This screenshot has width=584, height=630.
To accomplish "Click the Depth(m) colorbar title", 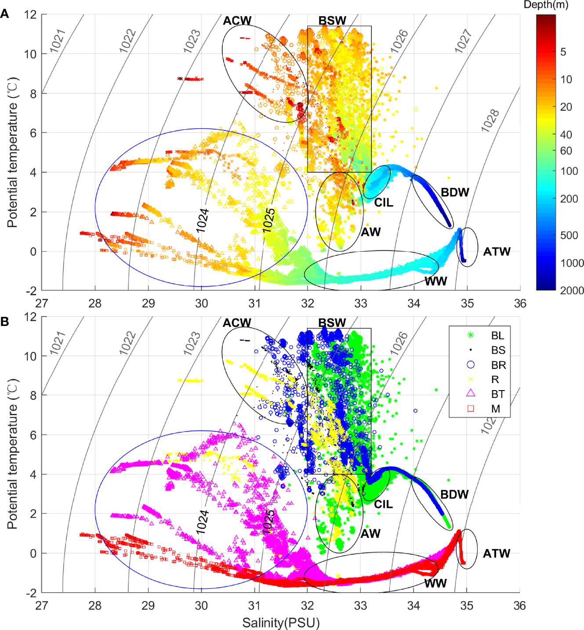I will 546,5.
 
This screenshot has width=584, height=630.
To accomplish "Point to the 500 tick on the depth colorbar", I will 569,235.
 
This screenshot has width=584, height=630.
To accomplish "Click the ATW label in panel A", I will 497,252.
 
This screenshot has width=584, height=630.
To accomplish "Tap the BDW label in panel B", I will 454,494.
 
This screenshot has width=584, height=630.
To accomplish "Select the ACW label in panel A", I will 237,21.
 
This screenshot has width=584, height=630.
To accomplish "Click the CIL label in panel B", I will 383,504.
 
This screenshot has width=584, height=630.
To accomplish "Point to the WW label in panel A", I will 435,281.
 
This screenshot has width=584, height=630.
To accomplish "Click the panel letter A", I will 5,14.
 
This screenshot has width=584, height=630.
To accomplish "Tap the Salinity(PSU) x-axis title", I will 281,623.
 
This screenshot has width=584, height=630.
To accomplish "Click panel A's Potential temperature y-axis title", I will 12,152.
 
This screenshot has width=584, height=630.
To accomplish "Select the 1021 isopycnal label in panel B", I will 58,343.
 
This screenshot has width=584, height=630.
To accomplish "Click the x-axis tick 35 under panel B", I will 466,605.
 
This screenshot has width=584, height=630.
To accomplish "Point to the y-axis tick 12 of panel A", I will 30,14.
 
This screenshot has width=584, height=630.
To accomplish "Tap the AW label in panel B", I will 370,533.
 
